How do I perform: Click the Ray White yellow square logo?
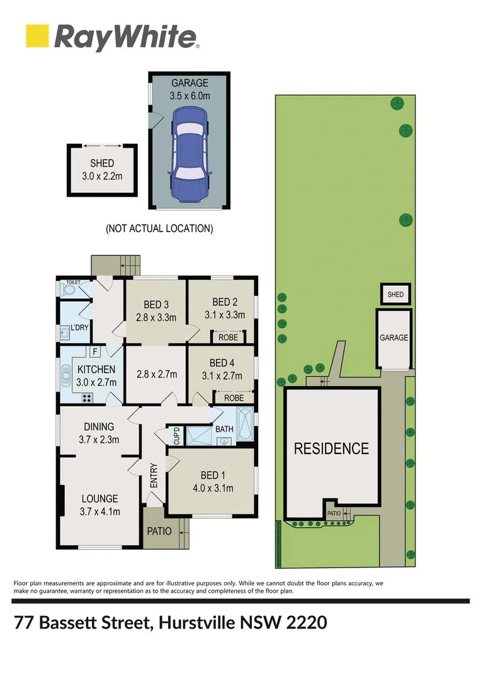[x=37, y=36]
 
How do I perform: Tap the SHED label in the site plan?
[x=395, y=294]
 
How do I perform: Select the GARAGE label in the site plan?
[x=393, y=338]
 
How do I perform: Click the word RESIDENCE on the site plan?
[x=332, y=449]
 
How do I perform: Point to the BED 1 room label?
[x=212, y=475]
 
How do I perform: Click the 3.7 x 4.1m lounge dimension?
[x=99, y=511]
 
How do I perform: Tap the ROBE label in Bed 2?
[x=227, y=337]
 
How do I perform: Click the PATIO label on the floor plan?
[x=159, y=531]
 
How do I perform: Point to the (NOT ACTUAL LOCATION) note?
[x=159, y=228]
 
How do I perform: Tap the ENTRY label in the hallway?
[x=154, y=476]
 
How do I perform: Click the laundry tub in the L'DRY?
[x=65, y=331]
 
